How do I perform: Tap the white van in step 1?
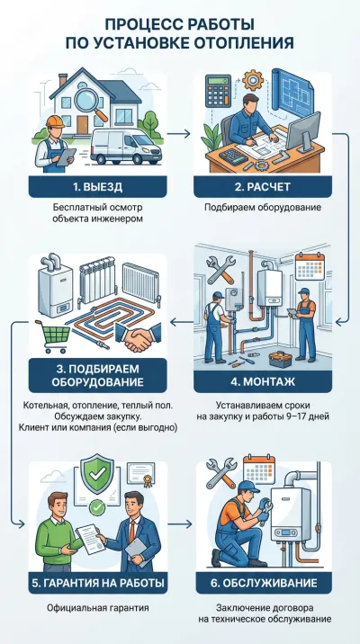click(126, 147)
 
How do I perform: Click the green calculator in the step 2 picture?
click(219, 91)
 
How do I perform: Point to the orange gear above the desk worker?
click(253, 81)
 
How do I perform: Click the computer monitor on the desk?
click(303, 130)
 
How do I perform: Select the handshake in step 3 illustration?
click(138, 339)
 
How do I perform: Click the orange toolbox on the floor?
click(280, 359)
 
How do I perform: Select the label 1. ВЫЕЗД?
click(98, 187)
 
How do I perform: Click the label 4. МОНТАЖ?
click(263, 382)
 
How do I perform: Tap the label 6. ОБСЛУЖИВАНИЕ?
click(263, 583)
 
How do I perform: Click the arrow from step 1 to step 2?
click(179, 133)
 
